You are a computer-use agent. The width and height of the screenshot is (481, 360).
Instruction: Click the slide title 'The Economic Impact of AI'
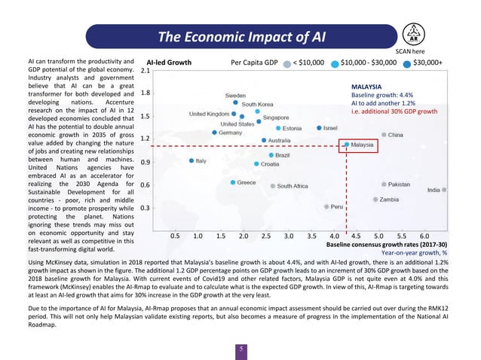click(240, 37)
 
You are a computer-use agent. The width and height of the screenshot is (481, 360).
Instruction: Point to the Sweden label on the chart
click(234, 96)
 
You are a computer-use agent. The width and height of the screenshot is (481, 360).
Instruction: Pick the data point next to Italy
click(191, 160)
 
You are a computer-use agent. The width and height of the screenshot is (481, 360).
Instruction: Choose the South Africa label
click(293, 186)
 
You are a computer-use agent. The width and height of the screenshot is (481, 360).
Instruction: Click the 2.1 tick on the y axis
click(146, 70)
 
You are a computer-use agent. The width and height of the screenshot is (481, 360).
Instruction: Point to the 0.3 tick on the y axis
click(146, 208)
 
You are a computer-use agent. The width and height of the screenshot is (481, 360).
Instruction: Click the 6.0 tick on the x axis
click(424, 236)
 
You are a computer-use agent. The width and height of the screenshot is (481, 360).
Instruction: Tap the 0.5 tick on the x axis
click(175, 236)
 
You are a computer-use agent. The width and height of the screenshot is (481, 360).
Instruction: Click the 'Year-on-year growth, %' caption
click(415, 253)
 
